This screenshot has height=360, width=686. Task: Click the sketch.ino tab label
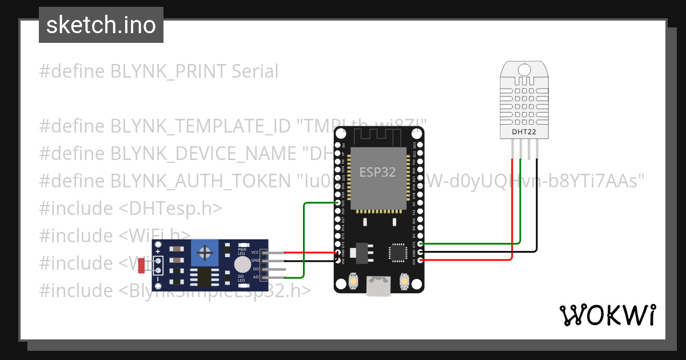[101, 25]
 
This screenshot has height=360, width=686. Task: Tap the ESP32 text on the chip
[377, 172]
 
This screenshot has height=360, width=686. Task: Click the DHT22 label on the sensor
[526, 133]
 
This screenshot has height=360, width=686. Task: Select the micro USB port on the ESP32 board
[378, 286]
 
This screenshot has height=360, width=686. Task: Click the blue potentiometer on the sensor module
[202, 252]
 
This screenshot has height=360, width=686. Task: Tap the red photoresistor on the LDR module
[141, 265]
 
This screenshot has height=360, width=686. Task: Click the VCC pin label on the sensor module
[255, 252]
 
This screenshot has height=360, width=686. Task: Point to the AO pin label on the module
[256, 277]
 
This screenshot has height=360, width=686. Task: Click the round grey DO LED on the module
[242, 265]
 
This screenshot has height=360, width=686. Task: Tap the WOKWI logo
[607, 315]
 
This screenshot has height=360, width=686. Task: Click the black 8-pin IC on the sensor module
[204, 277]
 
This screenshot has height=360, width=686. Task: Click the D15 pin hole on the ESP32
[421, 244]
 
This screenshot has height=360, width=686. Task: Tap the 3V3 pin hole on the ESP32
[421, 261]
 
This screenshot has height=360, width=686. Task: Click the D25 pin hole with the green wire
[337, 203]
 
